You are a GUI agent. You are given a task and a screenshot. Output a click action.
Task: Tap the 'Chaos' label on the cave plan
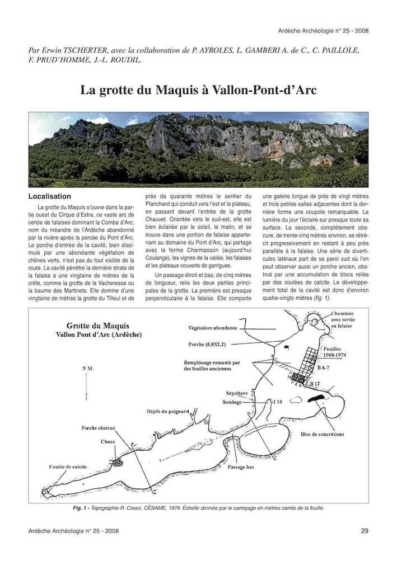point(108,441)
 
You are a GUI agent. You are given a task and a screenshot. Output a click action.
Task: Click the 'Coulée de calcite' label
point(65,465)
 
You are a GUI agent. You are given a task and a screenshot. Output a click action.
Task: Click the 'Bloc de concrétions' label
point(323,434)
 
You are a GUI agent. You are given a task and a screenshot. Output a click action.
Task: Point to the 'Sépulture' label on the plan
point(237,393)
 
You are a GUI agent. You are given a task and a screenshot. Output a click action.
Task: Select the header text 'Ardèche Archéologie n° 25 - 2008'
point(323,30)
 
